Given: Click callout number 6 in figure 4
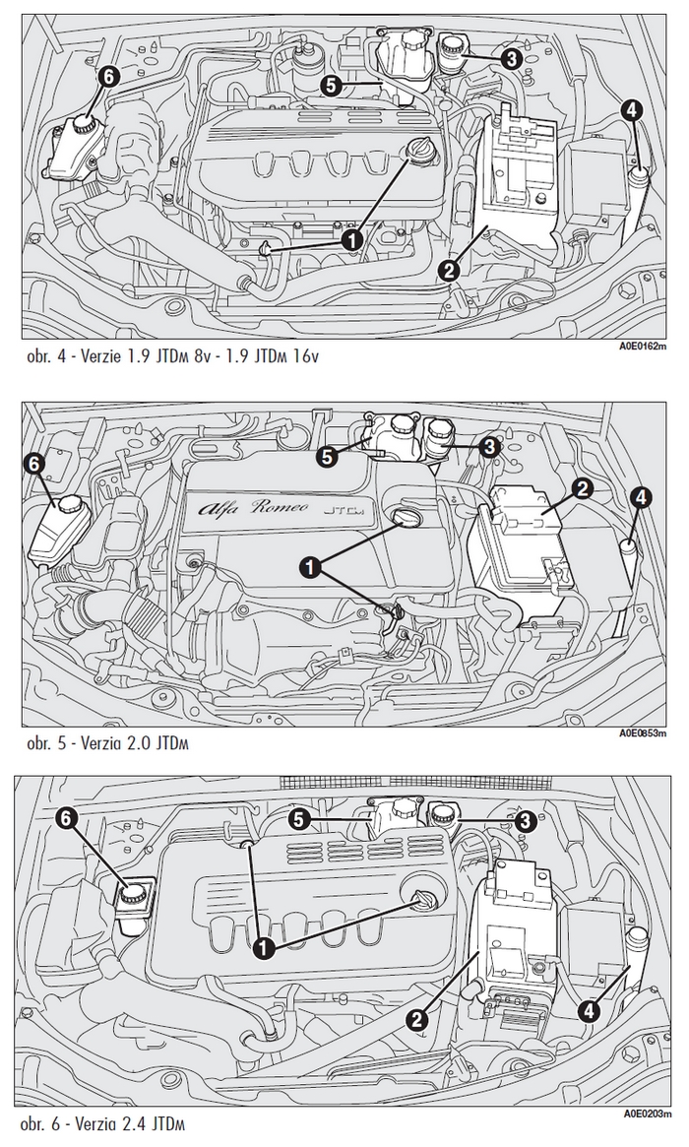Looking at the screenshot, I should point(109,76).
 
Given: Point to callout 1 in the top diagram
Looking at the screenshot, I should point(350,237).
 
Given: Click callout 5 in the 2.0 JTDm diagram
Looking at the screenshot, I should point(328,456).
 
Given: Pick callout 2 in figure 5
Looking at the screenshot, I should point(582,487).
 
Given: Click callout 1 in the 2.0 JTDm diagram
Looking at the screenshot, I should point(311,565).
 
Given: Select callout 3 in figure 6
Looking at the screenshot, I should point(525,819).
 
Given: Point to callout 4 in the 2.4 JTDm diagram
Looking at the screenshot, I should point(589,1009).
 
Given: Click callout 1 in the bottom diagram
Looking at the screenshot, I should point(263,947).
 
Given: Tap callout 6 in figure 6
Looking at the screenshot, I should point(68,817).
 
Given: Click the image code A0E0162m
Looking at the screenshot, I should point(644,346).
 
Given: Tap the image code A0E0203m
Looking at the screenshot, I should point(644,1114).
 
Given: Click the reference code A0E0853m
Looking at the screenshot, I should point(644,733).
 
